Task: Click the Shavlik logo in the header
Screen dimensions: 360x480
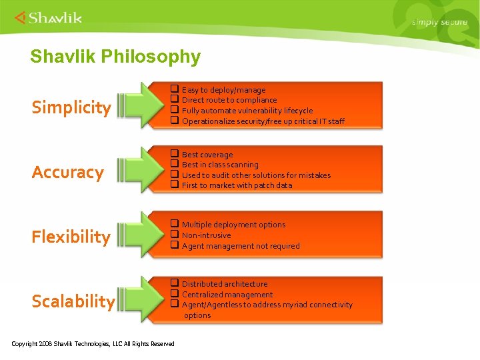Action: tap(48, 17)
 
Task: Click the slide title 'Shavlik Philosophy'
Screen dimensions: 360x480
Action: tap(115, 57)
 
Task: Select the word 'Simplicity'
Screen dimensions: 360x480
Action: tap(71, 107)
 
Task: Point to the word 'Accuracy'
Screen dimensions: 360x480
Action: tap(68, 173)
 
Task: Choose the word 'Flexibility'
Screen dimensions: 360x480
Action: tap(71, 237)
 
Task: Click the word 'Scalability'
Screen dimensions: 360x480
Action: tap(73, 301)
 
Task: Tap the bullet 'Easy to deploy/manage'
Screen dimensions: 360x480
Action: tap(223, 90)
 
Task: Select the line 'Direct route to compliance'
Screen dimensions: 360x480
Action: tap(229, 100)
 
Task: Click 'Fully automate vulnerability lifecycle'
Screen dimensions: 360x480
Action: tap(247, 111)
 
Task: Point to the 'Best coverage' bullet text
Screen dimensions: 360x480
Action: tap(207, 155)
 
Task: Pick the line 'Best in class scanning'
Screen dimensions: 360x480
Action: tap(220, 165)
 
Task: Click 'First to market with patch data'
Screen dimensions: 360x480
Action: tap(237, 185)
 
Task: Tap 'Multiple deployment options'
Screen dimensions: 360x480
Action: tap(233, 225)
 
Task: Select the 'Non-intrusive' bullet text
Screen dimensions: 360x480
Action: tap(207, 235)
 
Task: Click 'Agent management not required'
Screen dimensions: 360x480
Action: tap(241, 246)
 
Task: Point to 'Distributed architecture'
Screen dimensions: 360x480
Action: tap(225, 284)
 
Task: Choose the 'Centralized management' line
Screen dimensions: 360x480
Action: tap(227, 295)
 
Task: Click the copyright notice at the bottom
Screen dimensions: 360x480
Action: tap(93, 344)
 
